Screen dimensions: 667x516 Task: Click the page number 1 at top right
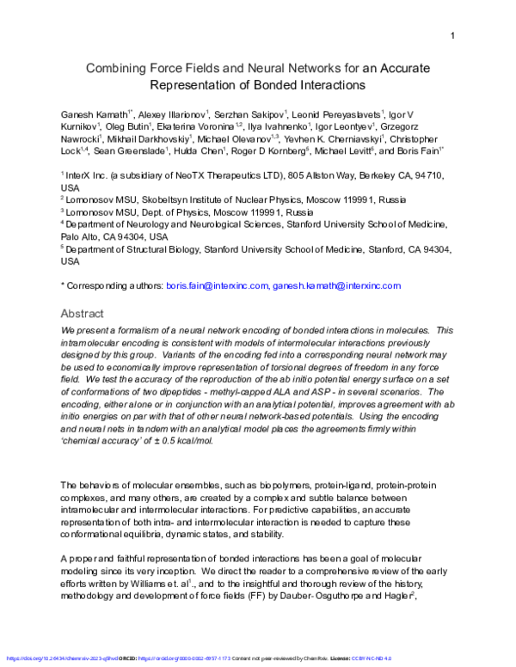(451, 35)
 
